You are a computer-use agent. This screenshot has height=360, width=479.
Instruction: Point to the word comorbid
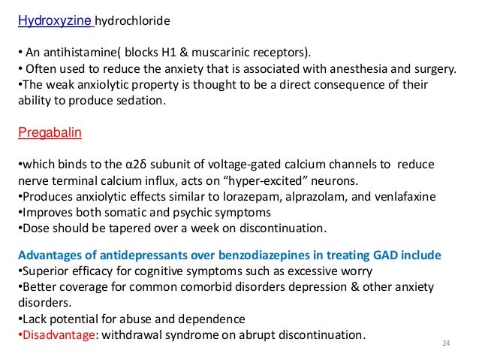[x=191, y=286]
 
